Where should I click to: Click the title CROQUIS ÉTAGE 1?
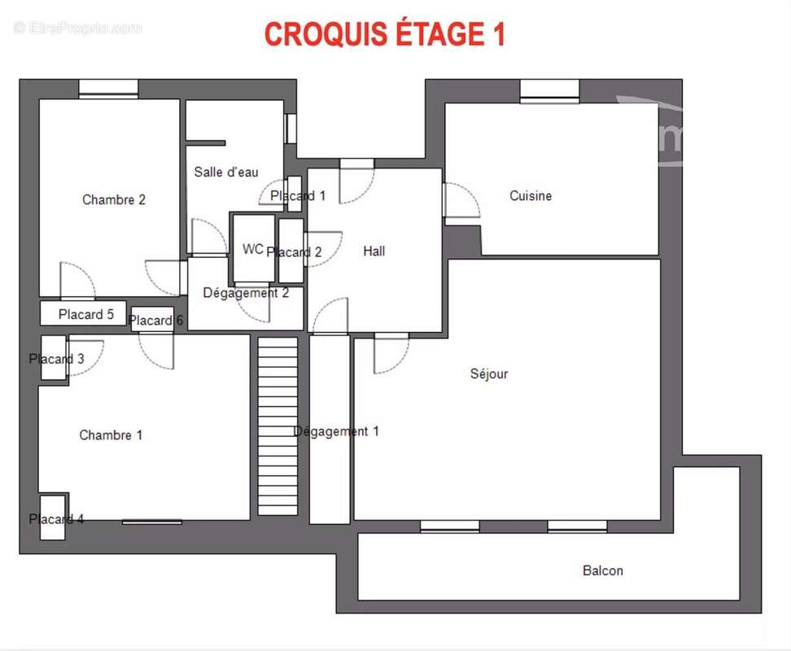(384, 34)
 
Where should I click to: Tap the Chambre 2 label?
(113, 199)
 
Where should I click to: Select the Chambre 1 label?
(111, 435)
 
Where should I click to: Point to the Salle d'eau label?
(226, 172)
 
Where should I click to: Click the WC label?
(253, 249)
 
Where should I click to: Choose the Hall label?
(374, 251)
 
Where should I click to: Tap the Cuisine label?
(531, 195)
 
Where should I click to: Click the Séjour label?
(489, 374)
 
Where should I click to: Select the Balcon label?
(602, 570)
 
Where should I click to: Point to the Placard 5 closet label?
(85, 315)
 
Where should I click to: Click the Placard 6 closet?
(152, 319)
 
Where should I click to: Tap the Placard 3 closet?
(54, 357)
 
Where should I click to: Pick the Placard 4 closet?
(52, 518)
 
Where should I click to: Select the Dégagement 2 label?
(246, 293)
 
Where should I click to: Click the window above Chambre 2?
(108, 88)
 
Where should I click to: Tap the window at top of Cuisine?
(550, 90)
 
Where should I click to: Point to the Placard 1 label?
(298, 195)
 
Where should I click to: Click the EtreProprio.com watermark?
(77, 28)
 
